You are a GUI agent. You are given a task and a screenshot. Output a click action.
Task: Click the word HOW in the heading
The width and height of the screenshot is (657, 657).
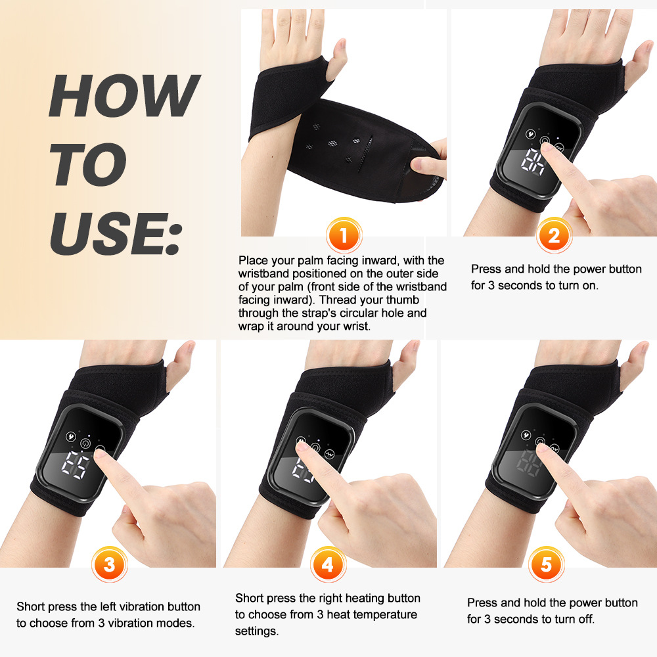pos(123,96)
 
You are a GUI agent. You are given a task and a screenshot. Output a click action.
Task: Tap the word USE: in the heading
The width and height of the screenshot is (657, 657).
pos(115,233)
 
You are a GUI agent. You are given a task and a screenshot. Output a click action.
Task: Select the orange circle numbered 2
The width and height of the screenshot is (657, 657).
pos(553,235)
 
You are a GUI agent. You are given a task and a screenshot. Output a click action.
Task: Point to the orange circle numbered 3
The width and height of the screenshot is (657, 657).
pos(108,564)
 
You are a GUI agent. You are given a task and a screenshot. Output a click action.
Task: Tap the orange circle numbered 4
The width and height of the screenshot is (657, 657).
pos(328,564)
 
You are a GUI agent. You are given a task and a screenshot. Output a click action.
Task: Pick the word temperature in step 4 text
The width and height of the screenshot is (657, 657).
pos(386,615)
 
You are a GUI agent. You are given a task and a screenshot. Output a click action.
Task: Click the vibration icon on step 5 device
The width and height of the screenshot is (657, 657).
pos(526,434)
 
